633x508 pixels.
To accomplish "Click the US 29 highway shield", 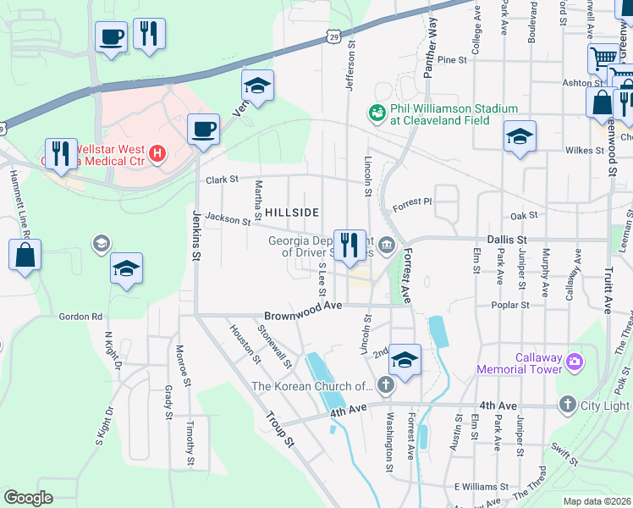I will coord(335,36).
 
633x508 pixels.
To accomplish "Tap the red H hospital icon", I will coord(156,153).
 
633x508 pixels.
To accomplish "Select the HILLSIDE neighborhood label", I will coord(292,212).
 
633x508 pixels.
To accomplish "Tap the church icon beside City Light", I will coord(567,406).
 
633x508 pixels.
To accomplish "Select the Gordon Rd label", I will coord(80,317).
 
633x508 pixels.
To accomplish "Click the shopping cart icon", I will coord(603,58).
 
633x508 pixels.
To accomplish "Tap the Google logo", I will coord(28,497).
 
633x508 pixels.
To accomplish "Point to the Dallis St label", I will coord(506,240).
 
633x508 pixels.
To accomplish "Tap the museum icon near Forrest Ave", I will coord(387,246).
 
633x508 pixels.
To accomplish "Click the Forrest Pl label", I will coord(412,203).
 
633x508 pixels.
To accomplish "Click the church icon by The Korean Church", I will coord(386,387).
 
